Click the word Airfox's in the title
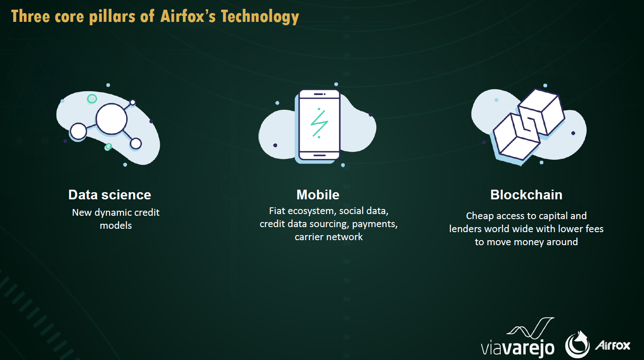point(188,16)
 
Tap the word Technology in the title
point(260,17)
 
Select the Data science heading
point(110,195)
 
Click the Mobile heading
point(318,195)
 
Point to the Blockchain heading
point(526,195)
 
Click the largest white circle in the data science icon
point(111,119)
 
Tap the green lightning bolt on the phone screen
point(319,123)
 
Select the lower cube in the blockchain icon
point(516,137)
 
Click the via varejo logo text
point(517,348)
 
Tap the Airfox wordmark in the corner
point(612,345)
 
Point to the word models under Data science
point(116,225)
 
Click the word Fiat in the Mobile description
point(277,211)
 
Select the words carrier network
point(329,237)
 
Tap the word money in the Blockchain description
point(529,242)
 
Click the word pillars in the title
point(112,16)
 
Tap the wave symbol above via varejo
point(531,328)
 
